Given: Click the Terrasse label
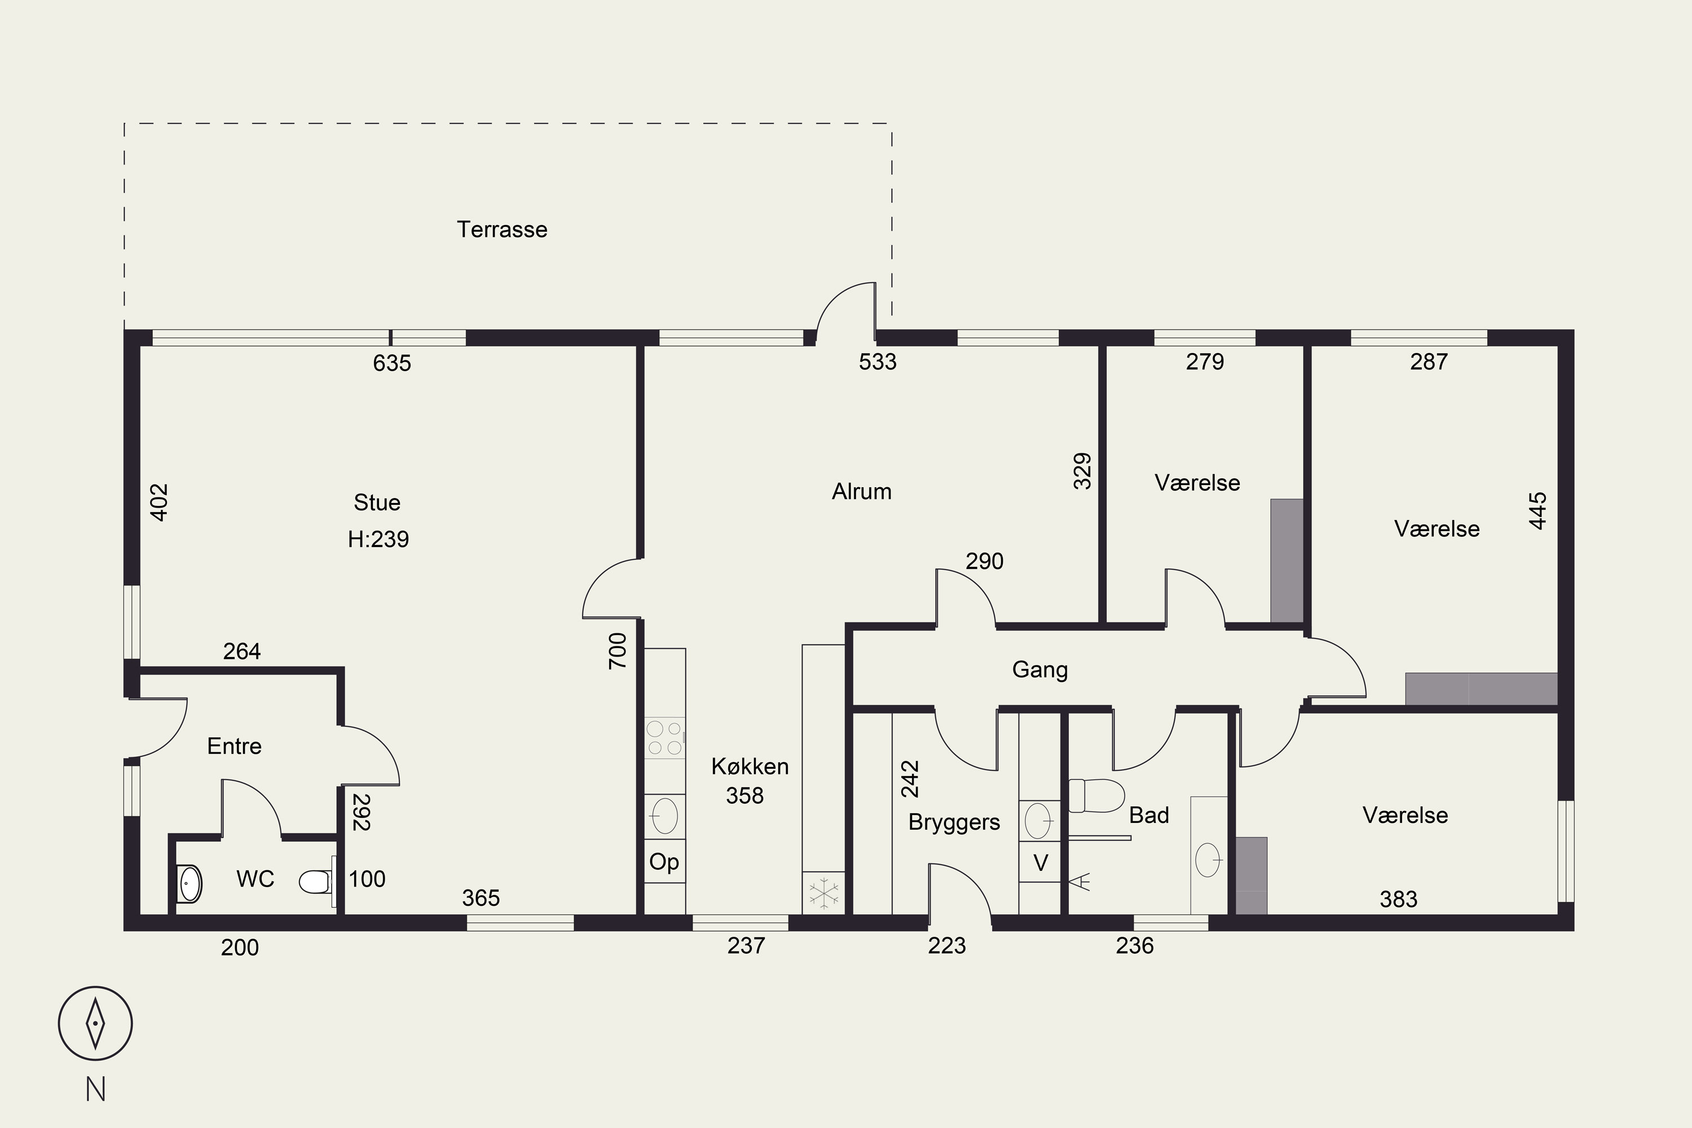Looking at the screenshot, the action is [502, 230].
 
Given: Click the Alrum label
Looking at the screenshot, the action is [862, 491].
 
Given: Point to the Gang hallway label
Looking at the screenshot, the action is [1039, 670].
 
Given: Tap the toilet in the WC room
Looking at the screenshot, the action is [317, 881].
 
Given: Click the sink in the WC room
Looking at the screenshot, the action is [189, 883].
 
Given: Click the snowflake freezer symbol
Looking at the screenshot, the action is [823, 893].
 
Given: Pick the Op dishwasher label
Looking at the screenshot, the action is [664, 862].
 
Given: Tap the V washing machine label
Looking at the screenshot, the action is [1040, 862].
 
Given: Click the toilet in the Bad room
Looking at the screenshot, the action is [1096, 796].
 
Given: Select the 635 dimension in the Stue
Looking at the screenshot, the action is [392, 363].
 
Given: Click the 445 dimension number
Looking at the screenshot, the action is [1537, 511].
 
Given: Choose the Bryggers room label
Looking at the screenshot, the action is [954, 822].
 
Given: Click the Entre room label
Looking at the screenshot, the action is [235, 746].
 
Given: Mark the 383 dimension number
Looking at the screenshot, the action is [1399, 899].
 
